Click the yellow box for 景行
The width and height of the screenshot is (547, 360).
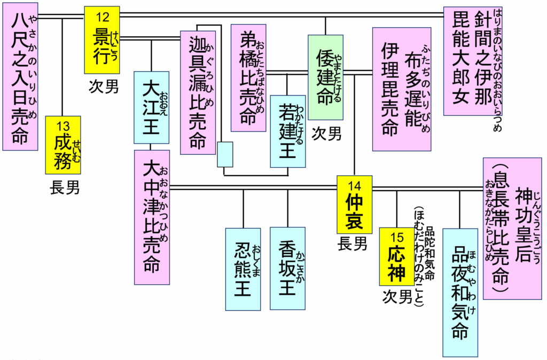coord(101,40)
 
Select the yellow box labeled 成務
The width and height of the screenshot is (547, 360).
coord(63,145)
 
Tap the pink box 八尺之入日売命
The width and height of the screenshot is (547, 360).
coord(20,76)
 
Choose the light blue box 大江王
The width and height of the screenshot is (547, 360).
coord(151,107)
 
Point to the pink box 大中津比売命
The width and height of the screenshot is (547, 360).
coord(152,216)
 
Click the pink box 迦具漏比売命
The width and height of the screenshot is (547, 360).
coord(198,92)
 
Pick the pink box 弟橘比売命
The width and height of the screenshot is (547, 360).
coord(248,77)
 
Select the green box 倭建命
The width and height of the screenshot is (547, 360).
coord(325,77)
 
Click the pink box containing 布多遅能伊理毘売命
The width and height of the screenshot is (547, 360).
coord(402,89)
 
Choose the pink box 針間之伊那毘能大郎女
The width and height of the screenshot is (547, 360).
coord(473,61)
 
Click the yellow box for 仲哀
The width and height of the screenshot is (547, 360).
coord(354,205)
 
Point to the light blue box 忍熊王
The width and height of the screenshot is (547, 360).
coord(243,269)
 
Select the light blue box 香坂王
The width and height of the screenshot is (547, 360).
coord(287,268)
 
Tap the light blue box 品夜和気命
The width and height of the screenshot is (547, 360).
coord(460,292)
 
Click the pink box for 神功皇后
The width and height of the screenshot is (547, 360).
coord(512,228)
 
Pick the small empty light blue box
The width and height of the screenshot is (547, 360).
coord(225,154)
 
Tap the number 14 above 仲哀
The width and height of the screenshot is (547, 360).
coord(354,185)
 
